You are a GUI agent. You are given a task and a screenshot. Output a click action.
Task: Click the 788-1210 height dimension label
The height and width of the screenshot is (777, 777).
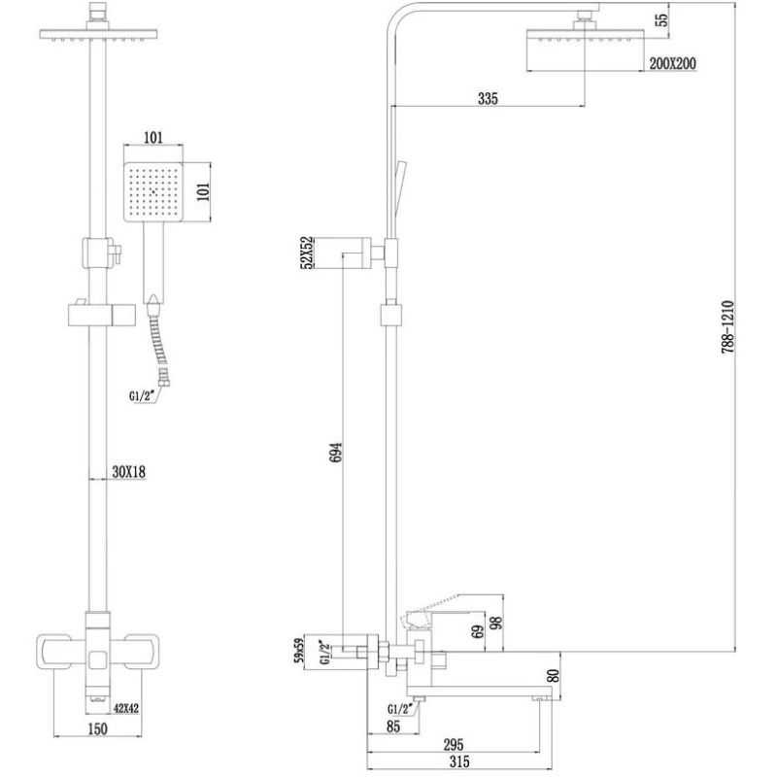(x=726, y=326)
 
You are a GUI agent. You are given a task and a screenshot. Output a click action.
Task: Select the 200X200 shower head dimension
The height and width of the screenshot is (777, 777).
(x=672, y=63)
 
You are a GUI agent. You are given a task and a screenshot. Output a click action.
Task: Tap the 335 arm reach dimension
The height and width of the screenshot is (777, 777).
(x=488, y=98)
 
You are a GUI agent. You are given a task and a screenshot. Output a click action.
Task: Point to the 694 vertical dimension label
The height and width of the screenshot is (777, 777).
(x=335, y=453)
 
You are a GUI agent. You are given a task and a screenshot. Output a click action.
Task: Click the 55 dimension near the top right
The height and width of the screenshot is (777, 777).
(x=661, y=19)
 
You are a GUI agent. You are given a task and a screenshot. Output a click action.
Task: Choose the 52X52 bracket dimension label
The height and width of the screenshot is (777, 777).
(x=307, y=253)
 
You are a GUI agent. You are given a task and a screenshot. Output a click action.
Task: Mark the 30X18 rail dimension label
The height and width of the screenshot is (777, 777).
(x=129, y=472)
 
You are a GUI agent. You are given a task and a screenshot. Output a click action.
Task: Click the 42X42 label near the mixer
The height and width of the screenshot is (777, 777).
(x=126, y=709)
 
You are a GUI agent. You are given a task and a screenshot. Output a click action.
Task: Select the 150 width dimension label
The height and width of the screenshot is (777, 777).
(x=97, y=729)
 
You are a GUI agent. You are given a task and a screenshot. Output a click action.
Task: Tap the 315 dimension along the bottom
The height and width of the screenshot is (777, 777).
(x=459, y=761)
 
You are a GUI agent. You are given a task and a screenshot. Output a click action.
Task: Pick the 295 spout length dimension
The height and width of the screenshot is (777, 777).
(x=454, y=744)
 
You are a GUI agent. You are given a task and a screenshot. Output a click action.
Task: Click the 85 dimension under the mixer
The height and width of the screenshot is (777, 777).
(x=393, y=726)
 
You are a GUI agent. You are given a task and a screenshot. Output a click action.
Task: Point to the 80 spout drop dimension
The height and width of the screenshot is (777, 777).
(x=555, y=675)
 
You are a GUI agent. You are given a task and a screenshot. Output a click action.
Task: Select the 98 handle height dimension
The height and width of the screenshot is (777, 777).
(x=496, y=622)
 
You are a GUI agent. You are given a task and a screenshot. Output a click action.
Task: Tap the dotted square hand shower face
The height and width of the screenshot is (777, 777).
(x=153, y=192)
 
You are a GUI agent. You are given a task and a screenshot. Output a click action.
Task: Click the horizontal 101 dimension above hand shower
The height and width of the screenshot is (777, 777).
(x=153, y=137)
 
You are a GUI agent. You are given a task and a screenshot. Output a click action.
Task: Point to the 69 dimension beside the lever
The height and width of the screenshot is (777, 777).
(x=478, y=632)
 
